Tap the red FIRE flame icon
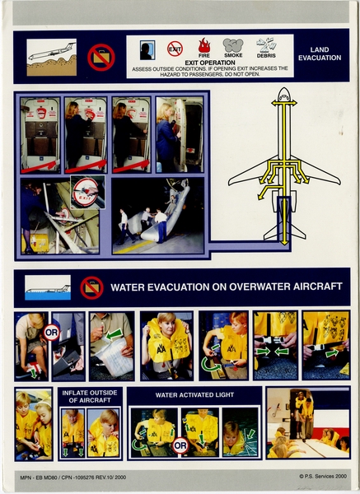(204, 46)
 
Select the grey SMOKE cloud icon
(233, 46)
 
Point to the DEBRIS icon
(266, 45)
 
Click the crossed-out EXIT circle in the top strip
(175, 49)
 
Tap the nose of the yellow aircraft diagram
(283, 96)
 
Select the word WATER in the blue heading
(131, 288)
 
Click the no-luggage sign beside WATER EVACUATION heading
(91, 287)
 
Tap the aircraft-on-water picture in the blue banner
(48, 288)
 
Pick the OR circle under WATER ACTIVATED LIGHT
(180, 445)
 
